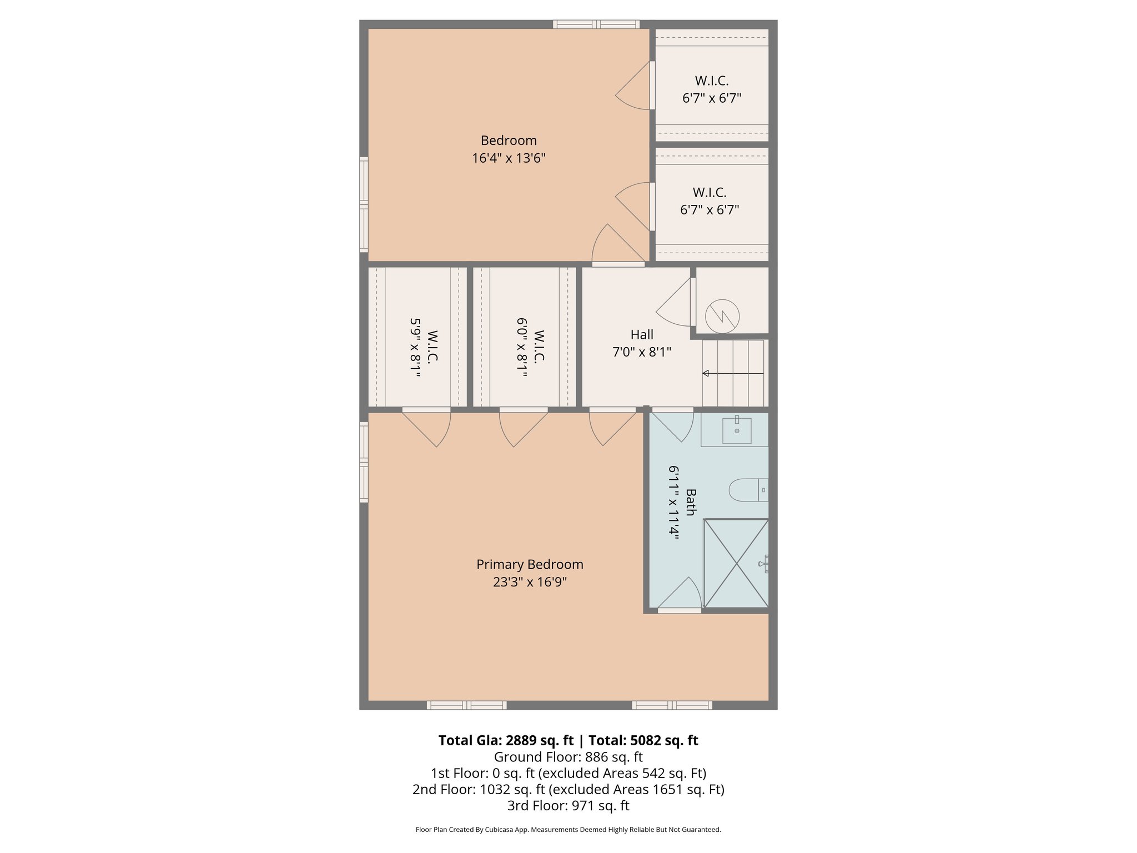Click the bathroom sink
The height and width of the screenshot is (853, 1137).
(x=737, y=430)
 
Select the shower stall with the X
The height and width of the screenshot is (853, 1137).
(x=736, y=564)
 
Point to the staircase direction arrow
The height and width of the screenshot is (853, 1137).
(x=733, y=374)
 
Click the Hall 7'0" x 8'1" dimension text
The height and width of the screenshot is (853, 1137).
(x=642, y=352)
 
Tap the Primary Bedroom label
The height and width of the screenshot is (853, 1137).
(x=530, y=564)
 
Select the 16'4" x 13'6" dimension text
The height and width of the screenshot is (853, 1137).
(x=509, y=158)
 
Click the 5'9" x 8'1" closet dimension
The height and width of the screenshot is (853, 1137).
(x=415, y=348)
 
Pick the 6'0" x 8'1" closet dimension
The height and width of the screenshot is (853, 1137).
(x=522, y=348)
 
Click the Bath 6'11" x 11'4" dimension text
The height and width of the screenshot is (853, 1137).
(x=674, y=502)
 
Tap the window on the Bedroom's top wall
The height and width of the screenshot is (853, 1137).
(x=596, y=24)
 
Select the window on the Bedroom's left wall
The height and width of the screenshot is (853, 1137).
(x=364, y=204)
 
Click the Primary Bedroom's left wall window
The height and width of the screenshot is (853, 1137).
(x=364, y=462)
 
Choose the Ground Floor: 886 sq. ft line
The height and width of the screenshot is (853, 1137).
(x=568, y=757)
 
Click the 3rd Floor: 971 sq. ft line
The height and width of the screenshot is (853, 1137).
(x=568, y=805)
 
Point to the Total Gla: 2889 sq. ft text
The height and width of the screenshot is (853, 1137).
(x=505, y=740)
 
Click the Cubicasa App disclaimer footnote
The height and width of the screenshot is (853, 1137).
(x=568, y=830)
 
